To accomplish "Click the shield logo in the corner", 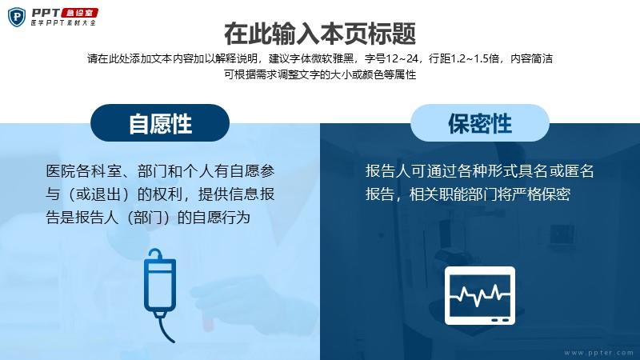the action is coord(17,18).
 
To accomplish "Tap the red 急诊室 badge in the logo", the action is coord(79,13).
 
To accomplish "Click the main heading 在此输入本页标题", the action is coord(320,34).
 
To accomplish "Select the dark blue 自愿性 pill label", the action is coord(160,123).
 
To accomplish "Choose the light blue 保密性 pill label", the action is coord(479,123).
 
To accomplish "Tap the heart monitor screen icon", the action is coord(479,296).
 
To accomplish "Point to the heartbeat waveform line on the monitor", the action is coord(479,294).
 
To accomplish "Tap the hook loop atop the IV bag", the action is coord(155,253).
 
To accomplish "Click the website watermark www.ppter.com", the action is coord(598,352).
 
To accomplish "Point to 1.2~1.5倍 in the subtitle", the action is coord(474,59).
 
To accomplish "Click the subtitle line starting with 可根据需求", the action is coord(320,74).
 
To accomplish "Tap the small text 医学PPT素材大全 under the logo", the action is coord(63,23).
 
